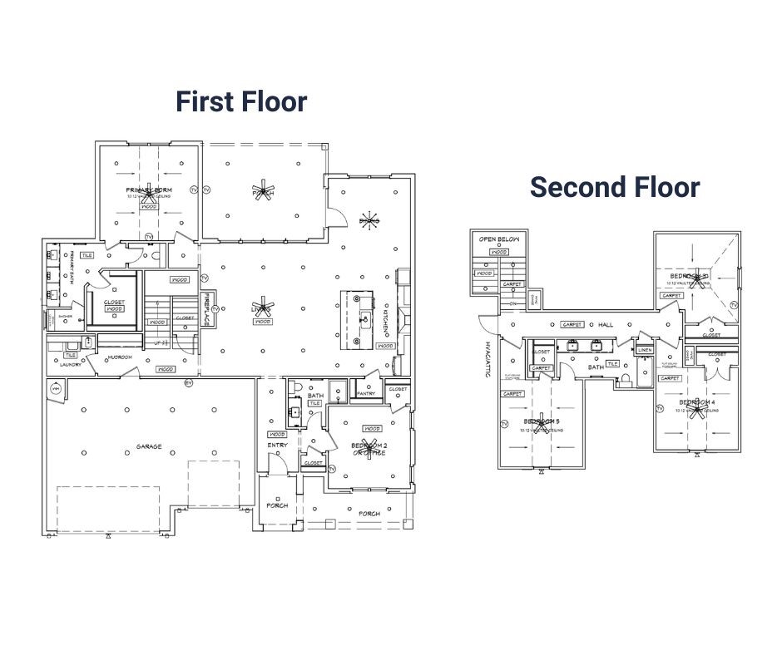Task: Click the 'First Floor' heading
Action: coord(241,101)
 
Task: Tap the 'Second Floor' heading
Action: coord(615,187)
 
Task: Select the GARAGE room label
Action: coord(149,446)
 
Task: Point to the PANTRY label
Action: coord(367,393)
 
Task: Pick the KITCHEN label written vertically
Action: coord(386,317)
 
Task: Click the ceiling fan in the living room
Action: coord(264,306)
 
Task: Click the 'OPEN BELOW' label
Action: coord(500,239)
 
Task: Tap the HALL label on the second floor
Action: coord(606,325)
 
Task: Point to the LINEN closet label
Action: coord(645,350)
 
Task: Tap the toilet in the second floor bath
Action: coord(626,381)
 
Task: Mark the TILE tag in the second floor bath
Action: coord(612,363)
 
